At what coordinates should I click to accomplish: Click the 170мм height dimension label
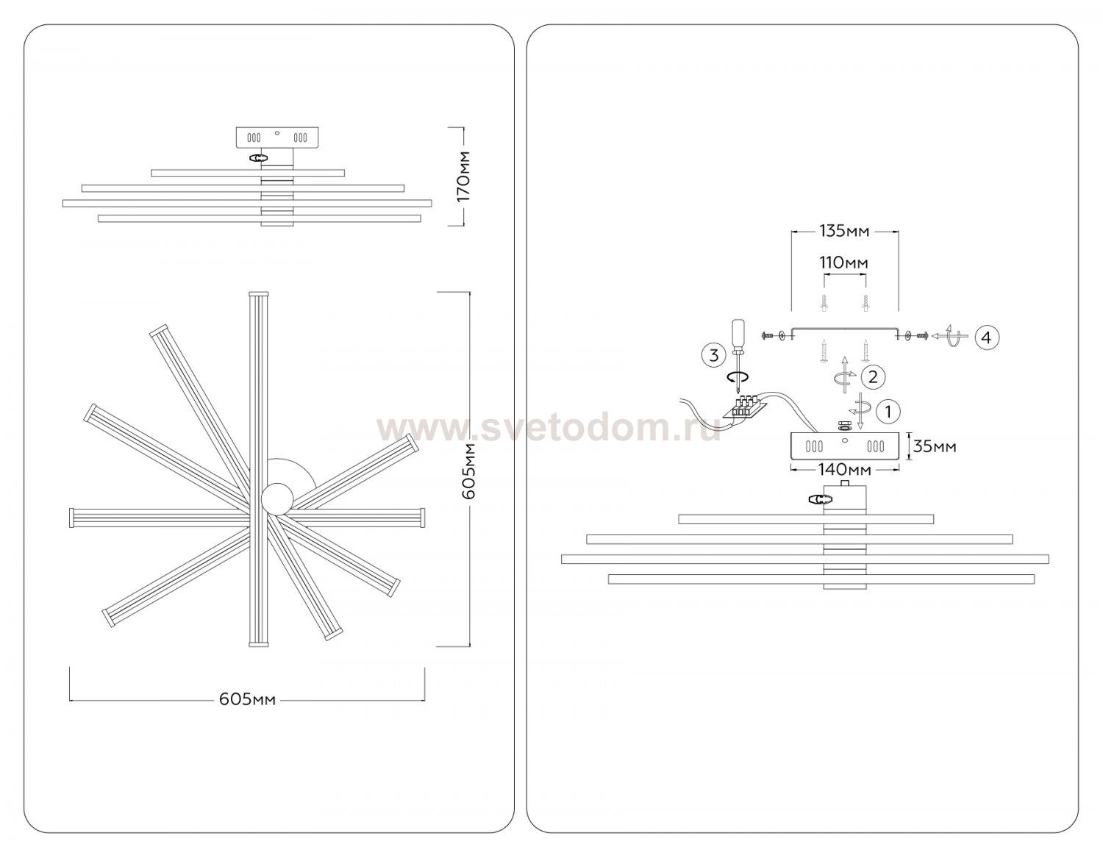[x=464, y=176]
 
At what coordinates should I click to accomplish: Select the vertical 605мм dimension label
[x=470, y=471]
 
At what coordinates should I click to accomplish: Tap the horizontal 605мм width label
[x=247, y=700]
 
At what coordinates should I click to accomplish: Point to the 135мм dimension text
[x=845, y=232]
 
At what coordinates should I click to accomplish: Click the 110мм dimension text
[x=844, y=262]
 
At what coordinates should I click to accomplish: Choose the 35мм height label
[x=935, y=446]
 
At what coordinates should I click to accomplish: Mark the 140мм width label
[x=845, y=470]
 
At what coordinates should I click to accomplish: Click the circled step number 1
[x=888, y=412]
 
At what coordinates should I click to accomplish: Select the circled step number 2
[x=873, y=376]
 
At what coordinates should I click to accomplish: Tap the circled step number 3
[x=714, y=355]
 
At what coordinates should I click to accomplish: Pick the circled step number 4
[x=986, y=337]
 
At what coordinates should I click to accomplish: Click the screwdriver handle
[x=738, y=333]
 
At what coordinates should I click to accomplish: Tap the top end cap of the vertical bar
[x=258, y=294]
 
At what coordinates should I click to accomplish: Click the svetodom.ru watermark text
[x=549, y=429]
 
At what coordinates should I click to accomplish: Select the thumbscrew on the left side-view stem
[x=257, y=158]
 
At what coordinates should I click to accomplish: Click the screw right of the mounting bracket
[x=922, y=335]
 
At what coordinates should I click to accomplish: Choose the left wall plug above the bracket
[x=824, y=304]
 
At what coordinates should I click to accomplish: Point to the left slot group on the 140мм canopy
[x=815, y=446]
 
